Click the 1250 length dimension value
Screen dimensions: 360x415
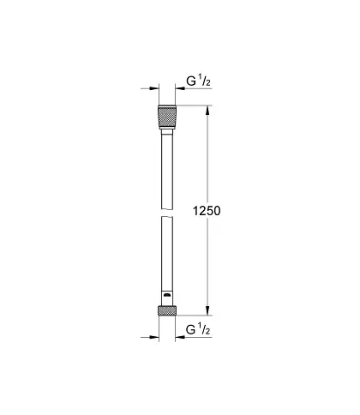coord(207,211)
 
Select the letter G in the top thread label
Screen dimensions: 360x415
coord(191,81)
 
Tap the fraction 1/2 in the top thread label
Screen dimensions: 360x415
coord(205,81)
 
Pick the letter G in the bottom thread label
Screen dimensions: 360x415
coord(190,330)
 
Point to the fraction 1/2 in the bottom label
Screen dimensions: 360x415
coord(205,329)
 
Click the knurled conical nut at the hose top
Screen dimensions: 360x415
coord(167,117)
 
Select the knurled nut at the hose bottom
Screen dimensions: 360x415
coord(167,310)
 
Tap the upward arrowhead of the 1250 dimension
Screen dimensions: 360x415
coord(208,111)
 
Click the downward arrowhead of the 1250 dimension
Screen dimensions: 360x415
coord(208,310)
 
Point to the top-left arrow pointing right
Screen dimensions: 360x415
coord(150,88)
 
